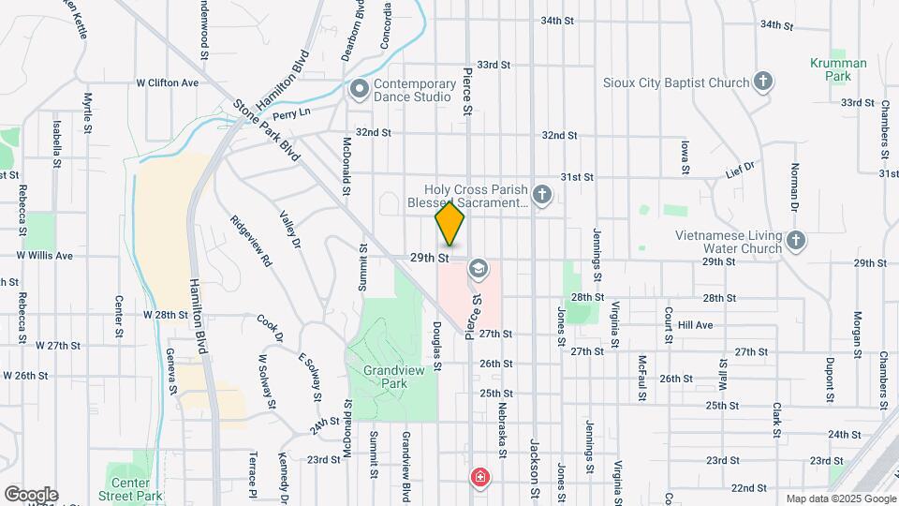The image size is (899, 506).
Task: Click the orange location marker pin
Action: click(450, 223)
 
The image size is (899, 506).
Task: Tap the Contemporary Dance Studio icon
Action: click(359, 90)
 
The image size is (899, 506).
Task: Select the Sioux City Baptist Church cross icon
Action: click(763, 82)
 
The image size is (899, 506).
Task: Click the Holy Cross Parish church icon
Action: click(540, 195)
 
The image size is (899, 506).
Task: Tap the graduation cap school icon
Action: click(479, 270)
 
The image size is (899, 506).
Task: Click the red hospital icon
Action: click(480, 478)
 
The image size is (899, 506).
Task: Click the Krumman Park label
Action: click(838, 70)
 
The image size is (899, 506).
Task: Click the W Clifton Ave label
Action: click(168, 82)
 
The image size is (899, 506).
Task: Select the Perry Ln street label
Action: click(291, 112)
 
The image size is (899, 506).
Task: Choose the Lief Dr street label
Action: click(740, 172)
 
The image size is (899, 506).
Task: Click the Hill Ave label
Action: click(695, 325)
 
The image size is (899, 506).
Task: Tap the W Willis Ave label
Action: click(44, 255)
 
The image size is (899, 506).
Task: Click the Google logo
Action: click(31, 494)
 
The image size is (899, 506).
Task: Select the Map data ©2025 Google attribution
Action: click(840, 499)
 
